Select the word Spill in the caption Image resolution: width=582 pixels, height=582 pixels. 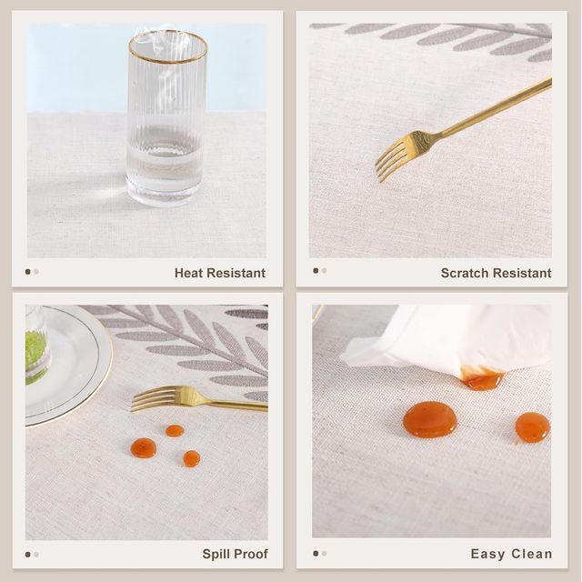213,554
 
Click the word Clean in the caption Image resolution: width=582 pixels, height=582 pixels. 531,554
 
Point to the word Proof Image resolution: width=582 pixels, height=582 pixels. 248,554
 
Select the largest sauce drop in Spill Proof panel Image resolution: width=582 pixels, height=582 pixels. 144,448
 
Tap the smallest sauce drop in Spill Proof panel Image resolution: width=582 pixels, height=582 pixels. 175,430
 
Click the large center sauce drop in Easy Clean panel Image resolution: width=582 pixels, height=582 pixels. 430,419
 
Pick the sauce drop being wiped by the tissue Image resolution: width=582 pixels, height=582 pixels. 482,379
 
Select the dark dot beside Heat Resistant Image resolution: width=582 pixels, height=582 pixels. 27,272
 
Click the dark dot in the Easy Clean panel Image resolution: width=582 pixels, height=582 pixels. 316,554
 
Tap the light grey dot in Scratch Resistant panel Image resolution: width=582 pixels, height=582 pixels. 324,271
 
